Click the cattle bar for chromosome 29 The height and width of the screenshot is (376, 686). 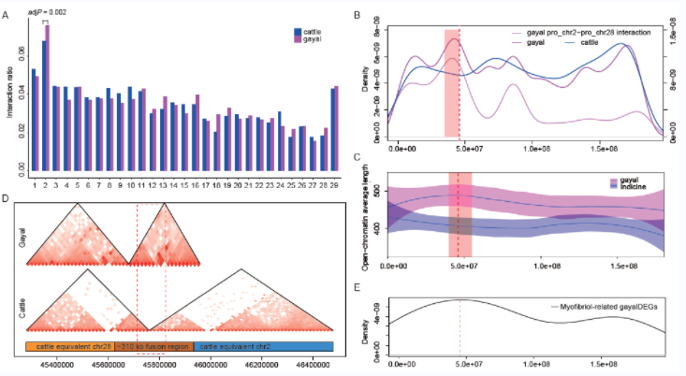[332, 130]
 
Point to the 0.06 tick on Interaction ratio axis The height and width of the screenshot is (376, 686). [22, 60]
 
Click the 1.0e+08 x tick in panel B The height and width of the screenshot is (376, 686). [537, 148]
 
